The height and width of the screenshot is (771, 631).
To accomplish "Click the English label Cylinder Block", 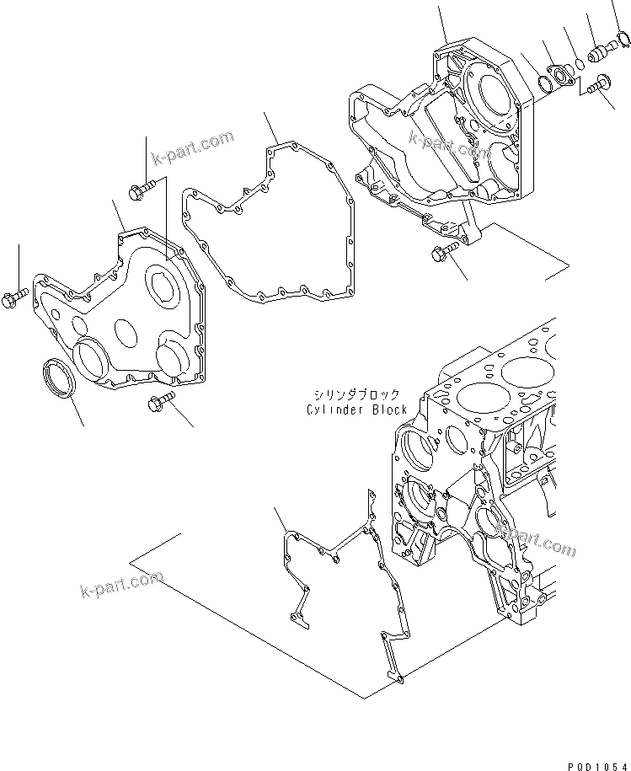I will [357, 410].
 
